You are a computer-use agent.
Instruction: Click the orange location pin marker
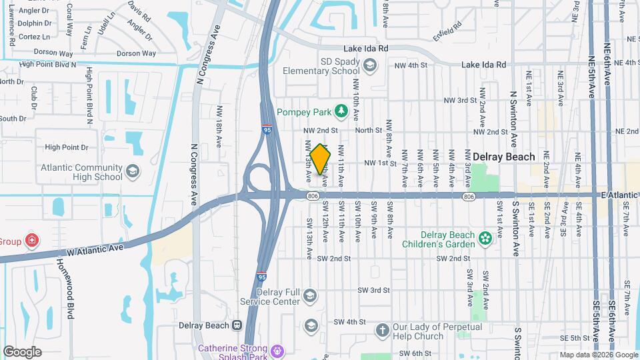[x=320, y=159]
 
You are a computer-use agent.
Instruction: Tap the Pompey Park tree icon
[x=341, y=109]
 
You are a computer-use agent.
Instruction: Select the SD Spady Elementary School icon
[x=371, y=65]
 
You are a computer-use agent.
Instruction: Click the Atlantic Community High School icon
[x=133, y=172]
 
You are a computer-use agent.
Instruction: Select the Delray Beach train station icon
[x=237, y=325]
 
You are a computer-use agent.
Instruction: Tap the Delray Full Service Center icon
[x=310, y=295]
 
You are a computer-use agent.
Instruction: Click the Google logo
[x=22, y=351]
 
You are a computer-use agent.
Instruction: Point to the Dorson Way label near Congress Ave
[x=136, y=53]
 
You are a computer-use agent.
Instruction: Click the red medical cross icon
[x=31, y=240]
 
